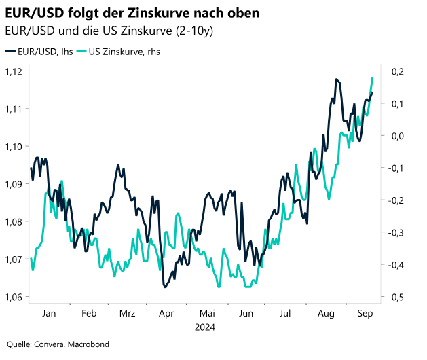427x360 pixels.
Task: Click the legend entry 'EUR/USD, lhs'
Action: coord(41,51)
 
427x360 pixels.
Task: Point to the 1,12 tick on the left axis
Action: coord(14,71)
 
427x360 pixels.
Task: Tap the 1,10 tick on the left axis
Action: coord(14,147)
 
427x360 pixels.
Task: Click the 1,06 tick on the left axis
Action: coord(14,297)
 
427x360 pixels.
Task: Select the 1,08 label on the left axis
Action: coord(14,221)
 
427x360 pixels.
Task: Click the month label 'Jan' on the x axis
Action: coord(49,314)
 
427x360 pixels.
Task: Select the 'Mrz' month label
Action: coord(128,314)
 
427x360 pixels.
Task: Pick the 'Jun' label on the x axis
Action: coord(246,314)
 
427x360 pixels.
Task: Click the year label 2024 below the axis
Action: coord(204,326)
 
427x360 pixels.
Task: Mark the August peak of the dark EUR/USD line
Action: coord(336,79)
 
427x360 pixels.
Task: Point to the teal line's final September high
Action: coord(373,78)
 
